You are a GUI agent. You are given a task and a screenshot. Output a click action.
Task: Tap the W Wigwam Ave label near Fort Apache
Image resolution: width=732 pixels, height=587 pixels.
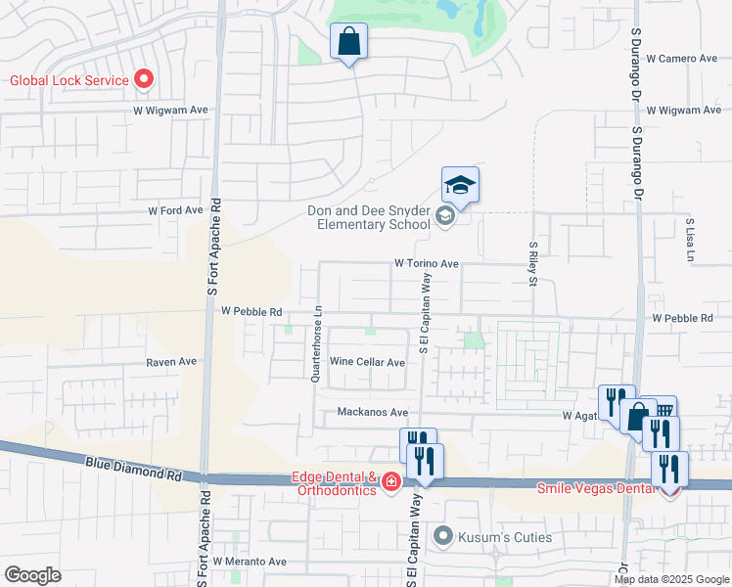(x=171, y=111)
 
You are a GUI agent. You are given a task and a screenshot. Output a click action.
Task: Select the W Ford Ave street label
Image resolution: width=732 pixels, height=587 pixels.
(x=175, y=210)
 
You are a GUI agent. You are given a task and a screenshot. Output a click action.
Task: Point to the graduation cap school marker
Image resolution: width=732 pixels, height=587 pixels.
(x=460, y=185)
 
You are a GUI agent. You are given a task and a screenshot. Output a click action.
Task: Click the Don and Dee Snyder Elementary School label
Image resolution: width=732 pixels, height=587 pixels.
(x=368, y=217)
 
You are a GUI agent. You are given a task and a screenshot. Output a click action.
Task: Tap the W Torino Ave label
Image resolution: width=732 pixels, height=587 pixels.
(x=427, y=264)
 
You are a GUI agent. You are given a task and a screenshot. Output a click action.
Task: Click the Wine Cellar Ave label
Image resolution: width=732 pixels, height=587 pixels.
(x=367, y=362)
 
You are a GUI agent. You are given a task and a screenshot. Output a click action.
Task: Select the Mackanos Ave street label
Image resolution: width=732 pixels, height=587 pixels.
(x=373, y=413)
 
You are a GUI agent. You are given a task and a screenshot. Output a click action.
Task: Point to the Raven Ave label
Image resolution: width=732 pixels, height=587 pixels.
(x=171, y=361)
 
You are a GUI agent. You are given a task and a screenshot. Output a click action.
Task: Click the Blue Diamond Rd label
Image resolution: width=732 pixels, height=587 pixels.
(x=133, y=470)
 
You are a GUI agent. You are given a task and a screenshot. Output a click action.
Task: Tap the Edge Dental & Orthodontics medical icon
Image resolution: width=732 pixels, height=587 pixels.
(x=390, y=481)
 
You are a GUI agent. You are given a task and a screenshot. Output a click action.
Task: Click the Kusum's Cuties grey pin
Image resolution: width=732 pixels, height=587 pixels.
(x=444, y=536)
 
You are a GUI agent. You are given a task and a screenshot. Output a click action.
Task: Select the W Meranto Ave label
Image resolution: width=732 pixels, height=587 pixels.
(x=252, y=562)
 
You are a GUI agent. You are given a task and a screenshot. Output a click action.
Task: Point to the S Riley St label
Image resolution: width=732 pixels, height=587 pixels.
(x=533, y=264)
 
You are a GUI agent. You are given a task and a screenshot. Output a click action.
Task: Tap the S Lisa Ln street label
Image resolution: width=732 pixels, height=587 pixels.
(x=690, y=240)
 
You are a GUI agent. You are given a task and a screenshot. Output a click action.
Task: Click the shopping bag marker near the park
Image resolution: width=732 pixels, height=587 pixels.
(x=348, y=42)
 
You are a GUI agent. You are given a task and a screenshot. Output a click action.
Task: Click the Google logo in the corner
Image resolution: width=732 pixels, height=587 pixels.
(x=32, y=575)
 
